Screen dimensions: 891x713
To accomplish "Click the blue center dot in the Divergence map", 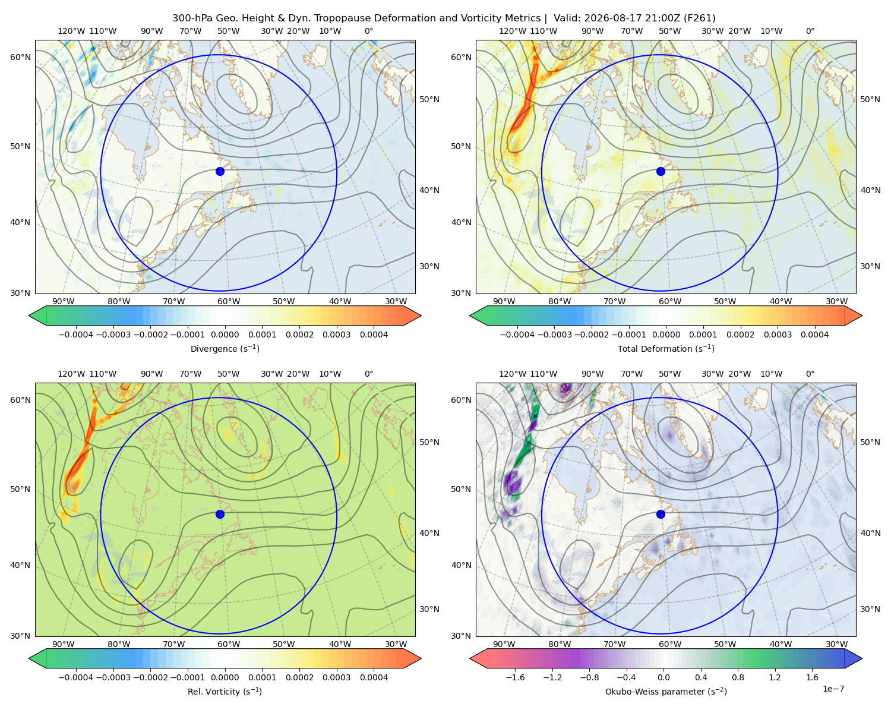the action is tap(220, 171).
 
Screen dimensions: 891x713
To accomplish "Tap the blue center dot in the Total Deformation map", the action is tap(661, 171).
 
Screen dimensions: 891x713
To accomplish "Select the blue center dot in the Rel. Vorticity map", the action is tap(220, 514).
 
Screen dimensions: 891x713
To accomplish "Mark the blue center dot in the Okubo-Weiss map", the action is tap(661, 514).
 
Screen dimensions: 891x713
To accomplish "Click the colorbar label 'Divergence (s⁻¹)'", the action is tap(225, 348).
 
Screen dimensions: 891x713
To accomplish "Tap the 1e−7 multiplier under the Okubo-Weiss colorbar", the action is tap(833, 689).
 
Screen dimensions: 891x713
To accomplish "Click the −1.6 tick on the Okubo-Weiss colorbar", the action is tap(515, 677).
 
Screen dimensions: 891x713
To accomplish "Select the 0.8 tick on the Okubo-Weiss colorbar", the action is tap(738, 677).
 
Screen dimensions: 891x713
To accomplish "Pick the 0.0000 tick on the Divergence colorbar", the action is tap(225, 335).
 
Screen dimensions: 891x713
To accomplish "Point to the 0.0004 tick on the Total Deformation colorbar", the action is tap(814, 335).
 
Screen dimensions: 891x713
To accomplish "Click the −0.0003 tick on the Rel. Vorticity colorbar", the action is tap(113, 677).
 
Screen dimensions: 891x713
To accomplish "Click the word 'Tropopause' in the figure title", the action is tap(336, 18).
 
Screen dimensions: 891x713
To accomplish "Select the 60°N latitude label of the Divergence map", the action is tap(20, 57).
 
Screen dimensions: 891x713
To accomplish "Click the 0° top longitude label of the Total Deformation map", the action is tap(810, 31).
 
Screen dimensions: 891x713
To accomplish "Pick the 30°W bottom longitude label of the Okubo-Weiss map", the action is tap(837, 644).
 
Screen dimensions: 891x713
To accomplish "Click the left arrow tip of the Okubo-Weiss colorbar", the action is tap(470, 658).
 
